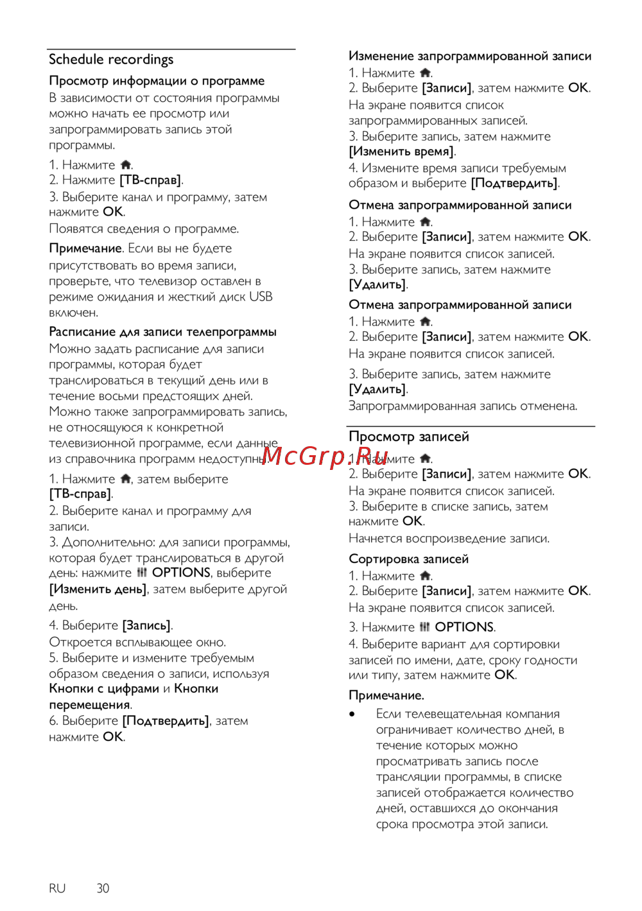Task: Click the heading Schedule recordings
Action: point(111,60)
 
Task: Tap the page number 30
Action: point(103,889)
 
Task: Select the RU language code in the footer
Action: point(57,889)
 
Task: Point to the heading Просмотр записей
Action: point(408,437)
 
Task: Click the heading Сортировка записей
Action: point(408,559)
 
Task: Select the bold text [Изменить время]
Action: point(401,152)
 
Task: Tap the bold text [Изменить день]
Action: point(98,589)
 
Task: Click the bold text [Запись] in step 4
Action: point(147,625)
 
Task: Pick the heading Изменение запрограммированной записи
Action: point(470,56)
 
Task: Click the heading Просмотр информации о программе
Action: point(157,81)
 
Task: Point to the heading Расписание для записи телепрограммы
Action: point(162,332)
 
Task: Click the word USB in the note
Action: point(261,297)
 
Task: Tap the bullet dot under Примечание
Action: point(352,714)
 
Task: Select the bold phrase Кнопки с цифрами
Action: point(104,689)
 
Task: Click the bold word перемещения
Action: point(89,705)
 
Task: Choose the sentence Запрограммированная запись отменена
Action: point(463,406)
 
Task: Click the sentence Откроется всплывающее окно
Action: point(137,642)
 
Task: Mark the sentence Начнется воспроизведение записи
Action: point(449,538)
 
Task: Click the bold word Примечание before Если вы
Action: point(85,248)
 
